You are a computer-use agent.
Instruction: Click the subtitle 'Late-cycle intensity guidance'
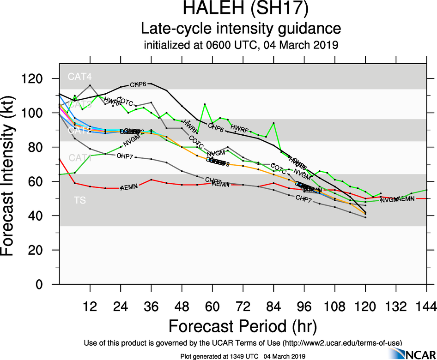241,29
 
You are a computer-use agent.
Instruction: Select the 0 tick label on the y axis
46,284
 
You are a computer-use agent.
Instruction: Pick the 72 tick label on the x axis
243,307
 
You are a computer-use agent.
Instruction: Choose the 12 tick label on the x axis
90,307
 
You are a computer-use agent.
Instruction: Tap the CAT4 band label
77,77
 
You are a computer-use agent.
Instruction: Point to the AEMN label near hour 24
128,188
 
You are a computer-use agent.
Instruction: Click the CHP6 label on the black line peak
138,85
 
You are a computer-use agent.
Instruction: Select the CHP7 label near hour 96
303,198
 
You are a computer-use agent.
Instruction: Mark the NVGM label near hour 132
389,200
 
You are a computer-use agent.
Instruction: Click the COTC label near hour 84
279,166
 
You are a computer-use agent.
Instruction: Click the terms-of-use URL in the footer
342,343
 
